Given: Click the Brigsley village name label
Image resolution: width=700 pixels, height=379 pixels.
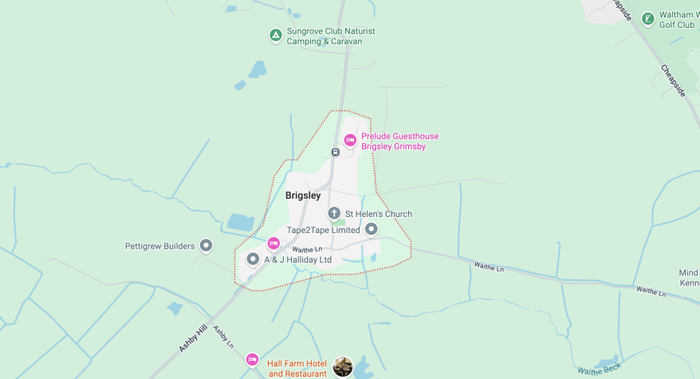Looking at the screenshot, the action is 303,195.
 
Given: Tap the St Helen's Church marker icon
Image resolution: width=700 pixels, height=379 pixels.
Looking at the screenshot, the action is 335,213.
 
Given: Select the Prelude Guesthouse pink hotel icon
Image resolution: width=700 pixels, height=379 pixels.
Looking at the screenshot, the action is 350,140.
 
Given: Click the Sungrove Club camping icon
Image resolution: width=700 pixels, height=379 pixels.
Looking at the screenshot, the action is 275,35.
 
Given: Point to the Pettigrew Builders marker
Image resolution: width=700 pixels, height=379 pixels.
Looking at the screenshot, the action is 206,246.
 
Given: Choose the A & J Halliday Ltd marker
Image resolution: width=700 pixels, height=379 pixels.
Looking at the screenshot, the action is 254,259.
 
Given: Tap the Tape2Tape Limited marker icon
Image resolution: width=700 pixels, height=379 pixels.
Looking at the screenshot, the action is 372,230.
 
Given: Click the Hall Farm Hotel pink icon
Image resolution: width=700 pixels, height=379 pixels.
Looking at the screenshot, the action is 253,360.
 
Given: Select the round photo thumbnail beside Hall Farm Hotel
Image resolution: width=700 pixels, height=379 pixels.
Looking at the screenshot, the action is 343,366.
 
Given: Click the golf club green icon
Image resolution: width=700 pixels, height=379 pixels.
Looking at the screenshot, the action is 648,18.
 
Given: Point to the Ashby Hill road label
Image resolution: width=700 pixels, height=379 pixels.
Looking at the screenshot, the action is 193,334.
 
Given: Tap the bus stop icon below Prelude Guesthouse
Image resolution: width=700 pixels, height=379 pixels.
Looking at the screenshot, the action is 336,152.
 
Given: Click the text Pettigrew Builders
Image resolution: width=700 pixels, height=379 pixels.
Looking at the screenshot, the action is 159,246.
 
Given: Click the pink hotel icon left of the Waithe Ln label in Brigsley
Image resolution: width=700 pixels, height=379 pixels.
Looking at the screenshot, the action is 273,243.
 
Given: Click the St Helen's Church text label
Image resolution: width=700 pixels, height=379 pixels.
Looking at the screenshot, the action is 378,214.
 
